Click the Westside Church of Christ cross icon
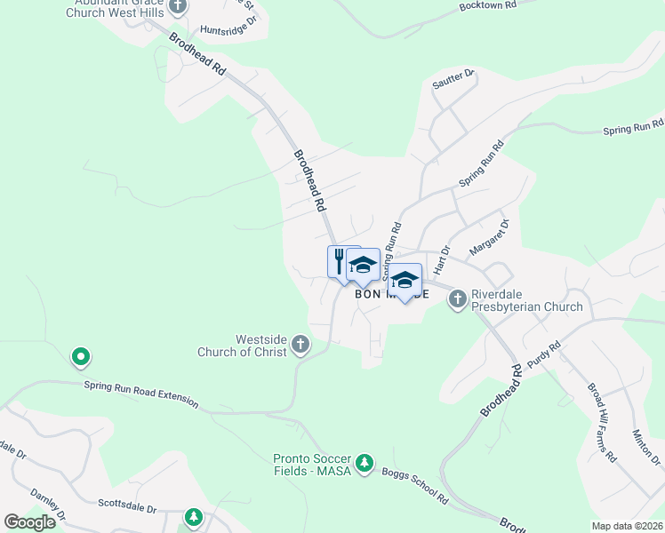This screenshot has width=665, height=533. click(x=300, y=344)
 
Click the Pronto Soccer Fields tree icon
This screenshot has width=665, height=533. click(x=363, y=464)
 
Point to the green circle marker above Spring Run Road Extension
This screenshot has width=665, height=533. click(x=80, y=358)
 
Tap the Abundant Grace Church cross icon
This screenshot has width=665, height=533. click(x=178, y=6)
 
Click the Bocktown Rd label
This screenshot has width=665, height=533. click(x=487, y=5)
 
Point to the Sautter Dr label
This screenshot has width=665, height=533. click(x=454, y=81)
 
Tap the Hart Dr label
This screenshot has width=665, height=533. click(x=442, y=261)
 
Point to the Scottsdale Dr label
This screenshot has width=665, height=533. click(x=127, y=510)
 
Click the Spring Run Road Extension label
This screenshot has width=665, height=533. click(x=141, y=393)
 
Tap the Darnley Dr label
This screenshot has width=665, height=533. click(x=50, y=503)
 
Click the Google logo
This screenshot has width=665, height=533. click(x=29, y=522)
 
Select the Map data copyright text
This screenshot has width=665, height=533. click(x=627, y=526)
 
